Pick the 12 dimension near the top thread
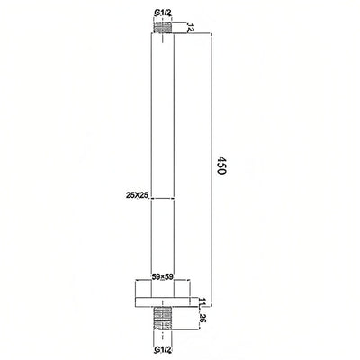tap(191, 29)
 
